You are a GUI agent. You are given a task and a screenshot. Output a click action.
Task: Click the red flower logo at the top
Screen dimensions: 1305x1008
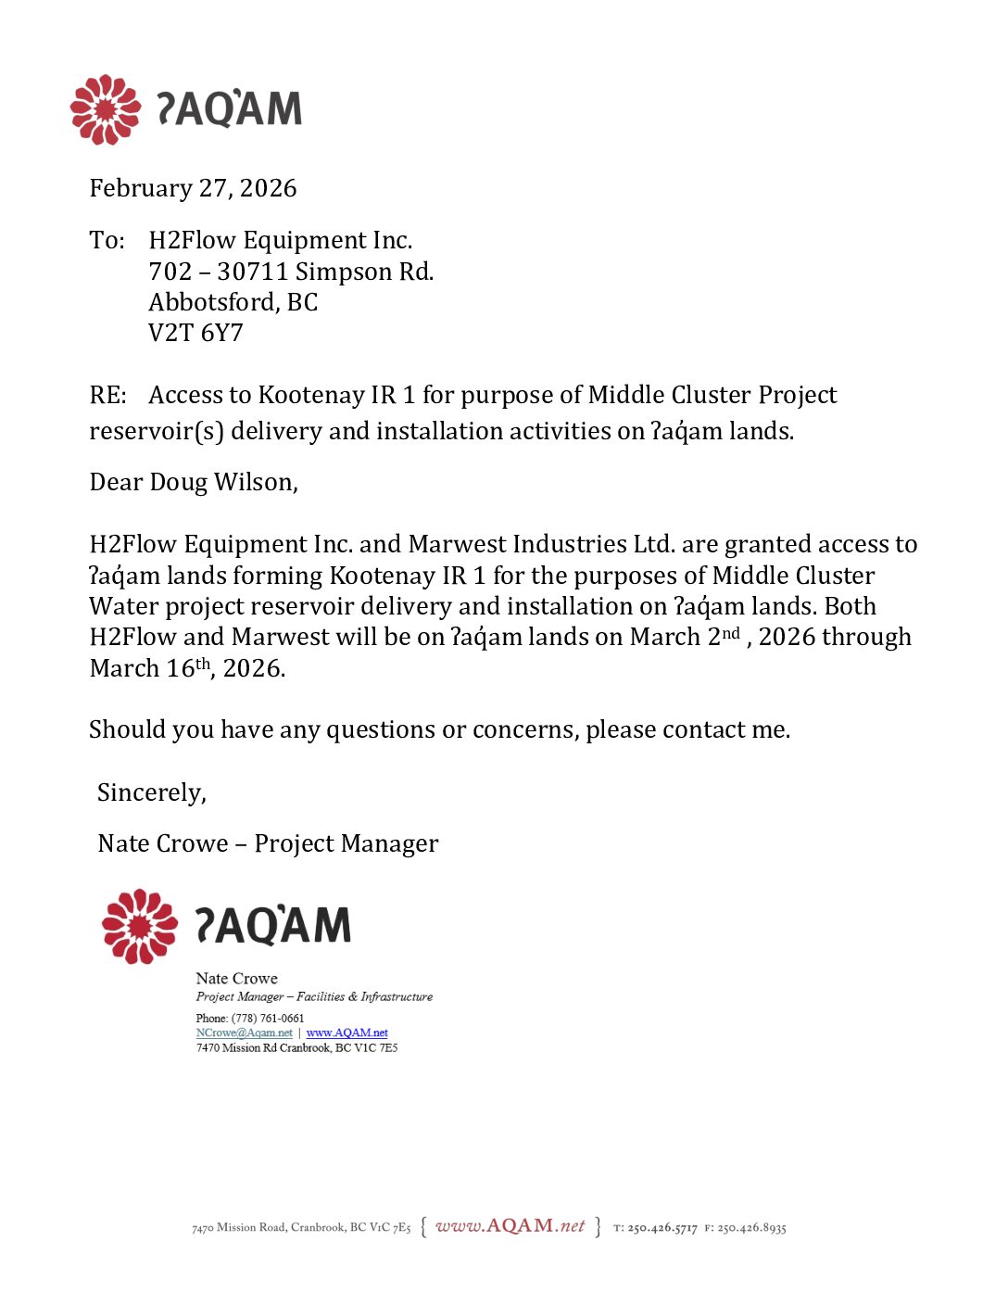(106, 109)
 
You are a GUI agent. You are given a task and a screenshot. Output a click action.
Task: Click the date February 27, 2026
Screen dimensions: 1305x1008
(193, 188)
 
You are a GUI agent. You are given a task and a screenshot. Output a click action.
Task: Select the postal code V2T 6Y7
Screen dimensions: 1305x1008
(195, 333)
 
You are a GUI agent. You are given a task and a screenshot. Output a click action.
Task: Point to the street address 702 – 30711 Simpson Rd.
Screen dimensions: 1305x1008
(291, 272)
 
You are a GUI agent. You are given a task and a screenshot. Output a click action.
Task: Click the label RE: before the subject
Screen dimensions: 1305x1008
(107, 396)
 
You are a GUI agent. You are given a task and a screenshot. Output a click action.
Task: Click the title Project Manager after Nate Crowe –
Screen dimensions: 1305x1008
(346, 843)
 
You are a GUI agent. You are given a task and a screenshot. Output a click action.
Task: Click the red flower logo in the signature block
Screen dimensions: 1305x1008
(140, 926)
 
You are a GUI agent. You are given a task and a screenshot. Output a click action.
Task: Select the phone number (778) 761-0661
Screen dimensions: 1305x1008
(268, 1018)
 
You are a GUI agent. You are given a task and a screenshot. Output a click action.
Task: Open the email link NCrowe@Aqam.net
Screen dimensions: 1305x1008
(244, 1033)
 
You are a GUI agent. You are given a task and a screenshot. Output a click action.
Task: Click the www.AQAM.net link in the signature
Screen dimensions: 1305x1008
(347, 1033)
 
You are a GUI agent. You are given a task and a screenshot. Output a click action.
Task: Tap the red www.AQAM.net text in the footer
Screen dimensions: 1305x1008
(510, 1226)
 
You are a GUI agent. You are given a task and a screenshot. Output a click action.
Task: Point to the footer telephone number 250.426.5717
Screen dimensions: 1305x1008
(661, 1228)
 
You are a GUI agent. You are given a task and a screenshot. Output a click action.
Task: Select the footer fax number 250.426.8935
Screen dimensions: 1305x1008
(751, 1228)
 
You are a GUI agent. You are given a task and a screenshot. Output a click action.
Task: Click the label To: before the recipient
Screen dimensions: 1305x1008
(107, 241)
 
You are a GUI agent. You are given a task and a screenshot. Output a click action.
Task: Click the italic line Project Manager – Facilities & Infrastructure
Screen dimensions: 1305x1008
(314, 997)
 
